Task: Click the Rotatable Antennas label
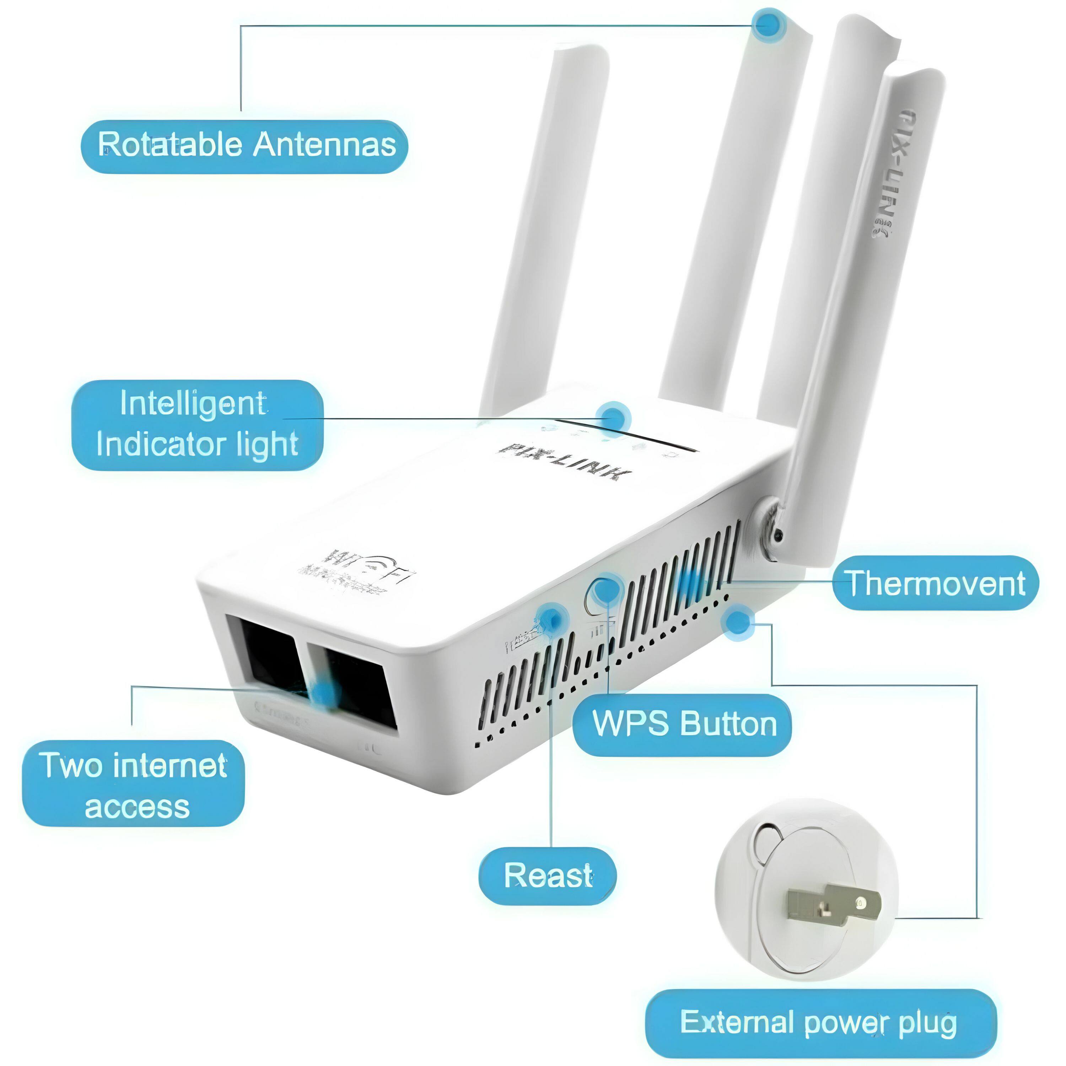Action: pos(244,145)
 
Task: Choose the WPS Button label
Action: pos(683,723)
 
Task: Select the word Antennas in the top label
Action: pos(324,145)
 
